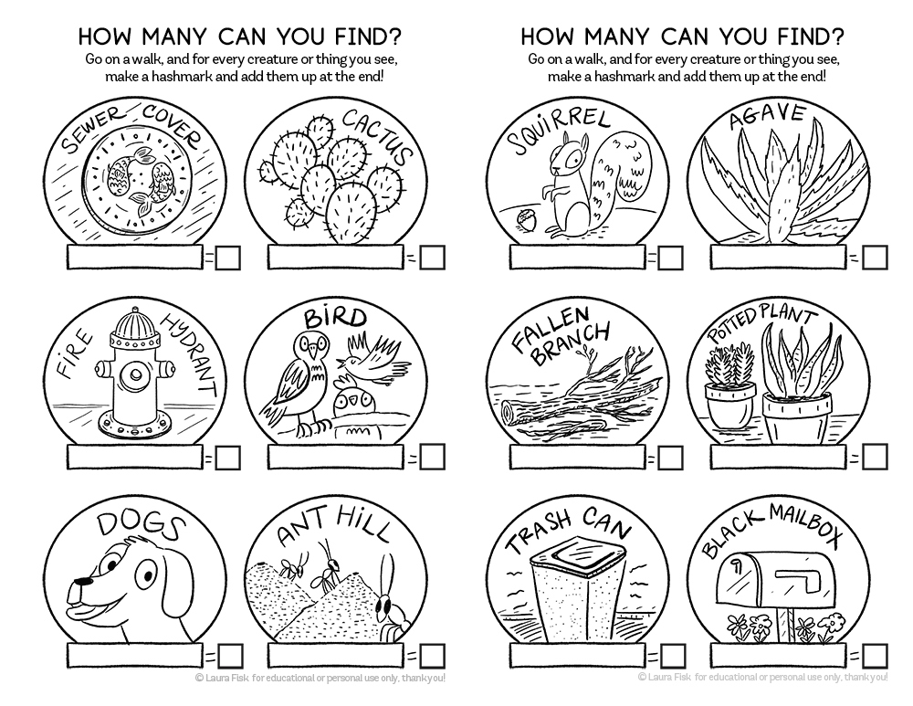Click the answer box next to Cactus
tap(433, 258)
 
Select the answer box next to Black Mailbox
tap(876, 656)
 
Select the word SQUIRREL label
tap(558, 132)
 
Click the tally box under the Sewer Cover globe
tap(134, 257)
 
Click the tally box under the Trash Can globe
tap(577, 656)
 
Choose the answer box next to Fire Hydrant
tap(227, 458)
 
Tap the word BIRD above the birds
tap(336, 318)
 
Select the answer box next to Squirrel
tap(670, 258)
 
